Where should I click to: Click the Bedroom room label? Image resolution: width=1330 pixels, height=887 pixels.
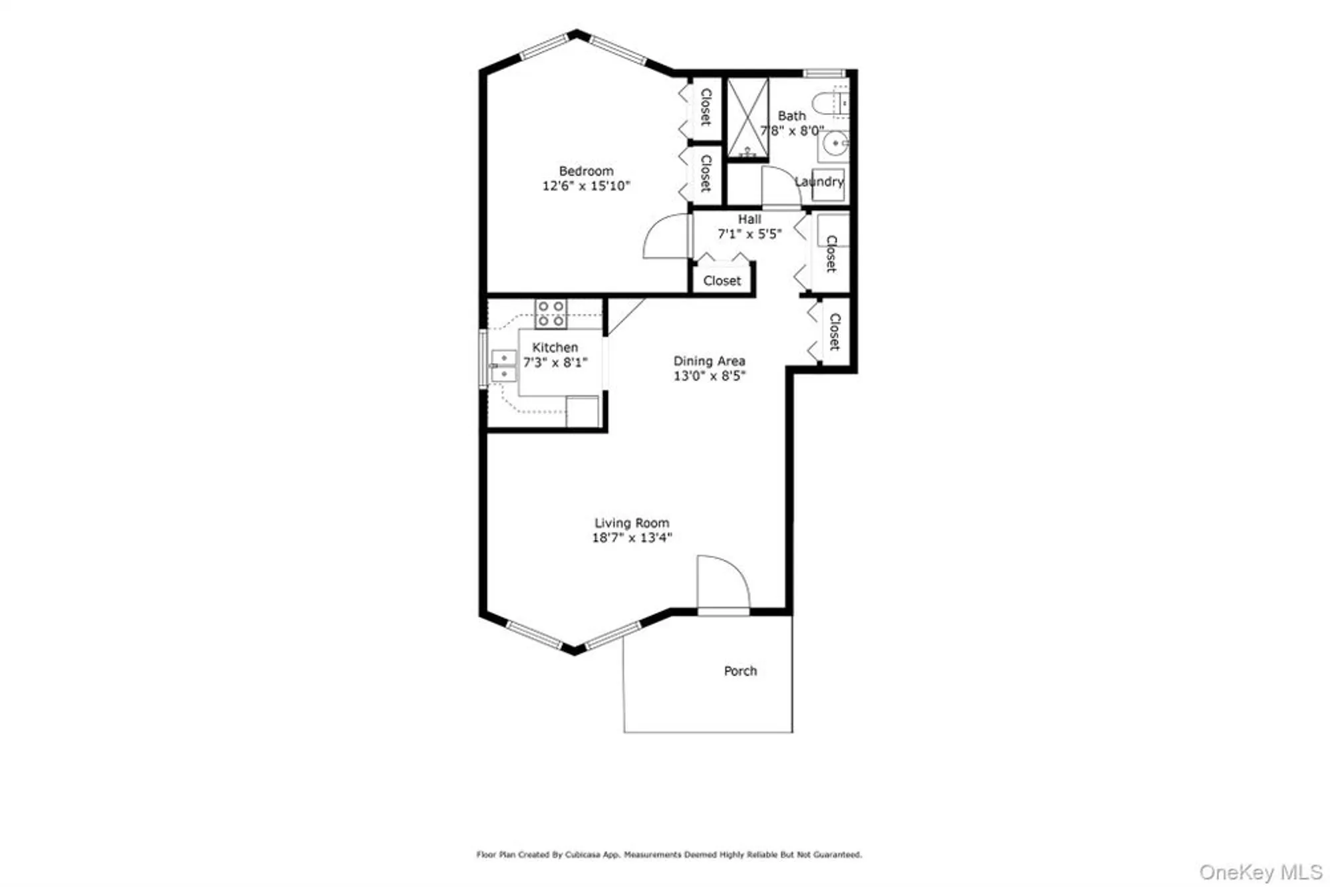[x=586, y=171]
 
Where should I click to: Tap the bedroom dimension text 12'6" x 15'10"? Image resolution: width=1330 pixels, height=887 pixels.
[x=586, y=186]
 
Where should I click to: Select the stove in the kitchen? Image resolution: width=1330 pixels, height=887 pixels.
[x=551, y=313]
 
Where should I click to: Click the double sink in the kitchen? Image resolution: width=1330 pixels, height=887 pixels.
[x=503, y=366]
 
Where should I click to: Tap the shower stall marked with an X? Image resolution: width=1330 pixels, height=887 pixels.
[x=747, y=118]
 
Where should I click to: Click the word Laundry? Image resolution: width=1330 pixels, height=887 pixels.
[x=819, y=182]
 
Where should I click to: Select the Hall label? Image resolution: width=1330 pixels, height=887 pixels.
[x=749, y=219]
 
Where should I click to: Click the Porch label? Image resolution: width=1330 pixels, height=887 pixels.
[x=740, y=671]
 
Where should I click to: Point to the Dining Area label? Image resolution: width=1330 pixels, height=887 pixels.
[x=709, y=361]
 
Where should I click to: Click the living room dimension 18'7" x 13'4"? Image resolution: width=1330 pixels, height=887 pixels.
[x=632, y=538]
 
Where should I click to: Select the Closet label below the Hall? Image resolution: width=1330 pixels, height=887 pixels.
[x=722, y=281]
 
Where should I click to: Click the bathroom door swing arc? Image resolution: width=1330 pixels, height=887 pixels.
[x=781, y=188]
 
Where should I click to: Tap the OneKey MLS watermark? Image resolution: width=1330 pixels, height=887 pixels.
[x=1260, y=872]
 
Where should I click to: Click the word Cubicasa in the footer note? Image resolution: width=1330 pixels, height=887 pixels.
[x=583, y=854]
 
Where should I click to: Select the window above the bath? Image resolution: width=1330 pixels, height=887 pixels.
[x=824, y=73]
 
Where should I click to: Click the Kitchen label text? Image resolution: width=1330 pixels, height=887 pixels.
[x=555, y=348]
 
